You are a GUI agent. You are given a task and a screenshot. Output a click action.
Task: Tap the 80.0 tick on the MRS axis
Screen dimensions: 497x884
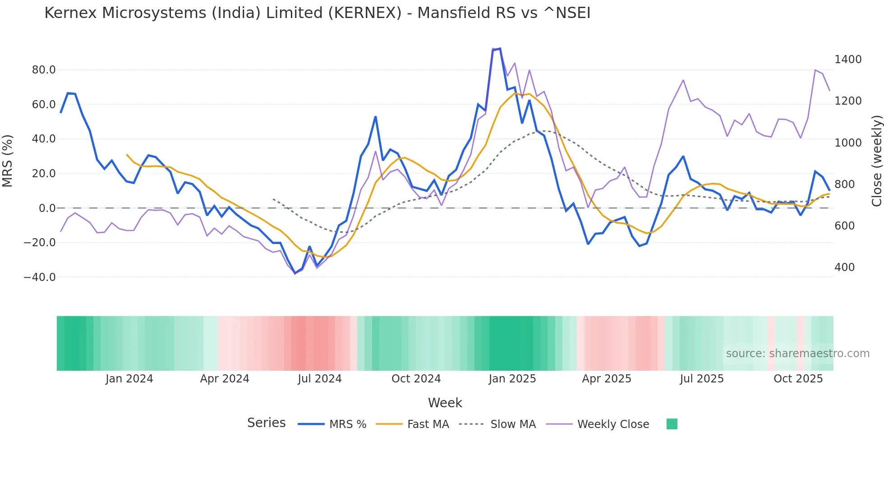[x=44, y=70]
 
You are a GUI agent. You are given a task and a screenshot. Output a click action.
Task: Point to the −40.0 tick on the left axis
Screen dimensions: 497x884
[x=40, y=277]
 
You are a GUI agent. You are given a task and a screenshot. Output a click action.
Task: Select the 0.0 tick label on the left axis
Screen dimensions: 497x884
[x=47, y=208]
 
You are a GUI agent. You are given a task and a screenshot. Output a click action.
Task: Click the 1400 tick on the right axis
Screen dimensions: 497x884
[x=848, y=60]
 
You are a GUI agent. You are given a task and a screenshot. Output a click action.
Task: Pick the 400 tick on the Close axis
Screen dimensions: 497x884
[x=844, y=267]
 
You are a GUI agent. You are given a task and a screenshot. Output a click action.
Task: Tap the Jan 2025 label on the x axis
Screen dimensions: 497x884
[x=512, y=379]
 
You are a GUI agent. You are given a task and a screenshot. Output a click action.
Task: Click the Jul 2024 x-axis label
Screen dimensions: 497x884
[x=319, y=379]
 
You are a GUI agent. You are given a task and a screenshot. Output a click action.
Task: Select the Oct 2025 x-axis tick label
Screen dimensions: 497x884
[x=798, y=379]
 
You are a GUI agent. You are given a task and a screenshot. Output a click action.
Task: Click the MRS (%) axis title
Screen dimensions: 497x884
[x=8, y=161]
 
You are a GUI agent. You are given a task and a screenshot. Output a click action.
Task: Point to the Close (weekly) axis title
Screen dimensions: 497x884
[x=876, y=161]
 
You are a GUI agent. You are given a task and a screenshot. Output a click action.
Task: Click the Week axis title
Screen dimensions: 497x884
[x=445, y=403]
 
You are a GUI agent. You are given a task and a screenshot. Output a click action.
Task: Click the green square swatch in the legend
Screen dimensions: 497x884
[x=672, y=424]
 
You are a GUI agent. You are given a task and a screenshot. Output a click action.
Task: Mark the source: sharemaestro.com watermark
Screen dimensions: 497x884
[x=797, y=354]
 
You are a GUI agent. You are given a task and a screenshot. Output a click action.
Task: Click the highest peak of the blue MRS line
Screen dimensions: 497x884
[x=500, y=49]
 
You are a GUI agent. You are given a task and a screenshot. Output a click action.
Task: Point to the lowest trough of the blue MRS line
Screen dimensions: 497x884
[x=295, y=273]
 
